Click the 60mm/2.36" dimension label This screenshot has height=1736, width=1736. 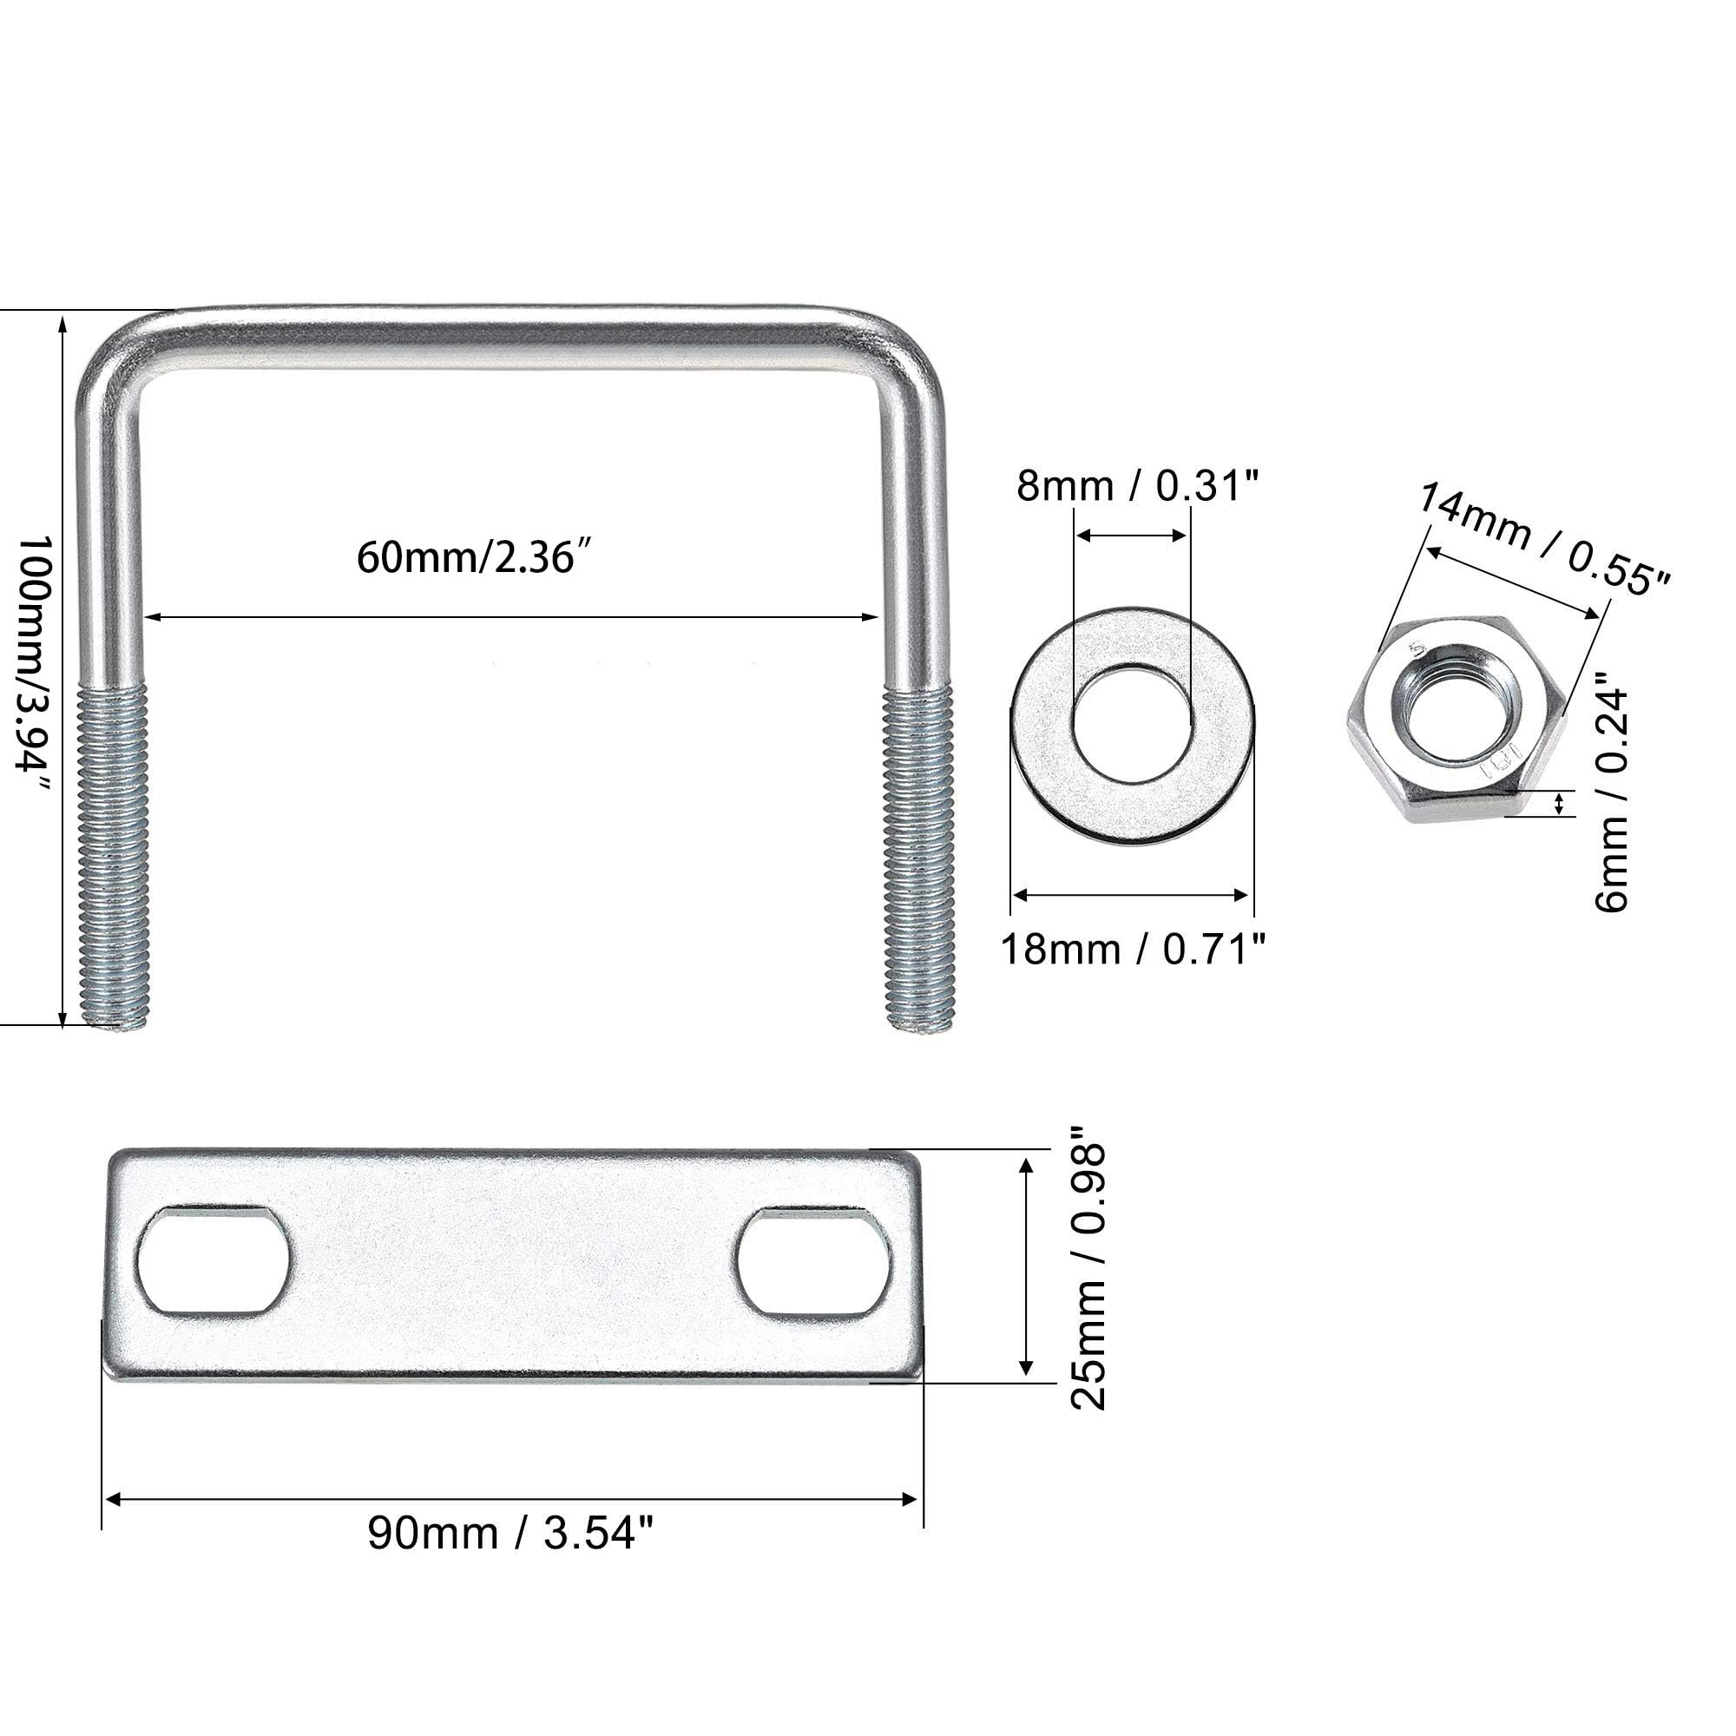coord(477,558)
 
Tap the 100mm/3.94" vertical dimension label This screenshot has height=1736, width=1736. coord(35,665)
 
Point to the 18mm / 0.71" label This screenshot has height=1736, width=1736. coord(1133,949)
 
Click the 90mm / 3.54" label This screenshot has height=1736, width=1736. coord(510,1533)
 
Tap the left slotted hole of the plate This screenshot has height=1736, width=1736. coord(213,1261)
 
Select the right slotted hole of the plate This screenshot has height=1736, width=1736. coord(814,1261)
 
